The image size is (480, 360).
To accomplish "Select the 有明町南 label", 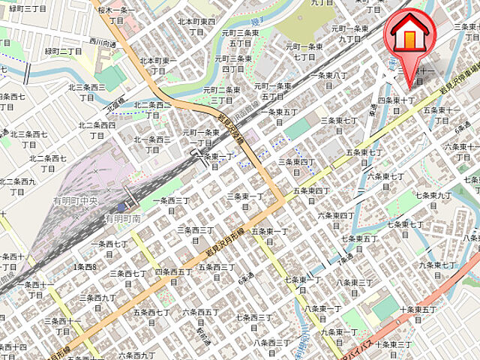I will (124, 219).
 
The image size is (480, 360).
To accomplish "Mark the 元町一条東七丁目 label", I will (304, 51).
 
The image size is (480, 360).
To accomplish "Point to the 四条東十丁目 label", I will (397, 105).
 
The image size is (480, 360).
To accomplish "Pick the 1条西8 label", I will (85, 267).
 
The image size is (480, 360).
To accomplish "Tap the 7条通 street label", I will (345, 261).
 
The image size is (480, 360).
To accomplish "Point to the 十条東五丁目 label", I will (418, 314).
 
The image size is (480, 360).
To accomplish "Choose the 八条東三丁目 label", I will (357, 287).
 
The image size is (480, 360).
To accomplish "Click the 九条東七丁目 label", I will (438, 270).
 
